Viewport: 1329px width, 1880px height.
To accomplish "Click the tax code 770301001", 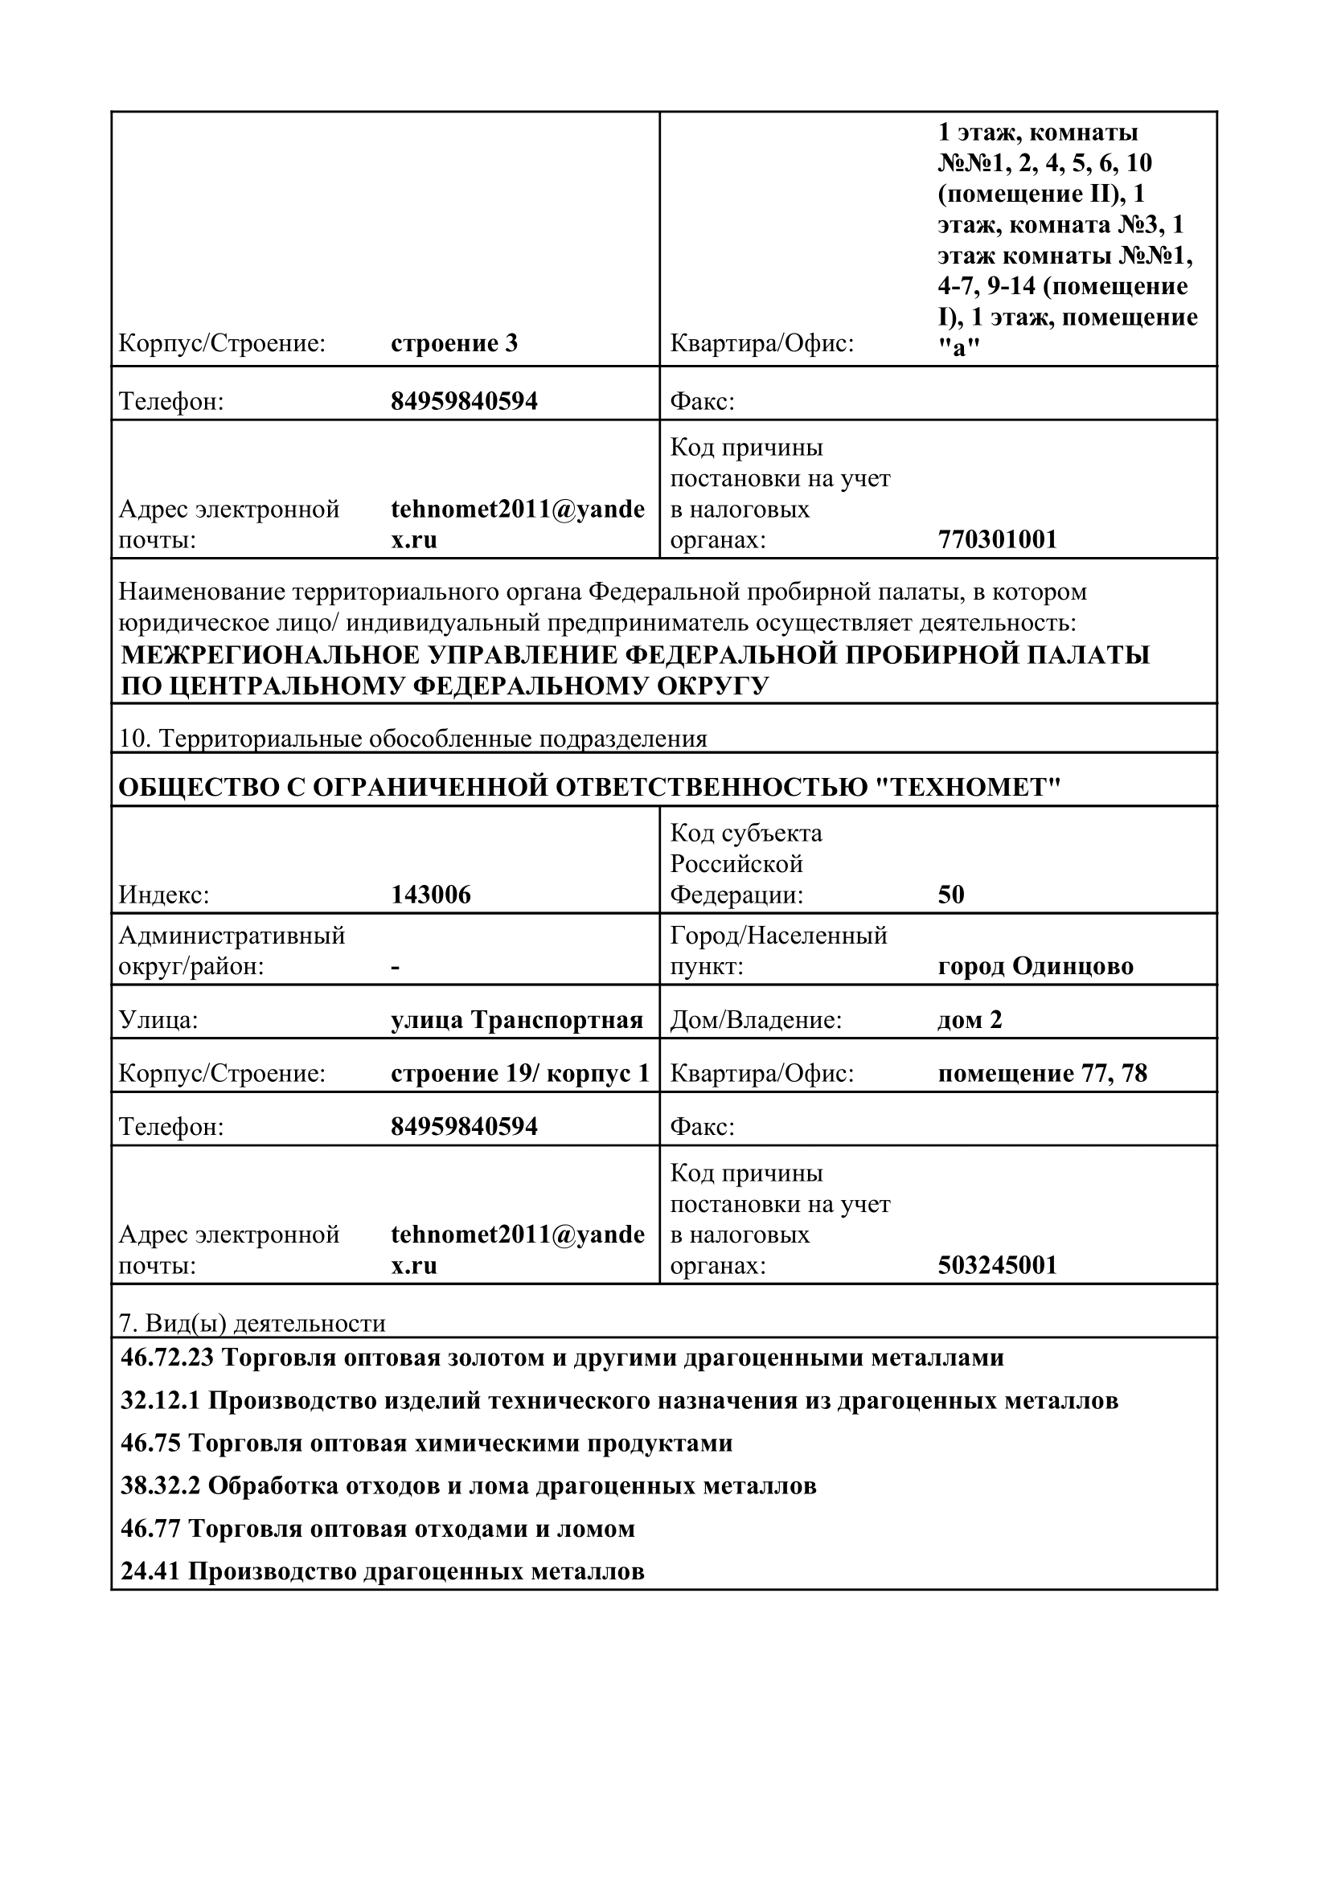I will tap(998, 539).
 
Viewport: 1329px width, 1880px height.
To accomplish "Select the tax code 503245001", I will tap(998, 1265).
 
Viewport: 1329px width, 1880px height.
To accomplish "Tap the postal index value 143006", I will tap(431, 895).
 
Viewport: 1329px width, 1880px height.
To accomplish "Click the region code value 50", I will tap(950, 895).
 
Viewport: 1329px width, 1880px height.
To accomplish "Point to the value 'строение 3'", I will tap(454, 343).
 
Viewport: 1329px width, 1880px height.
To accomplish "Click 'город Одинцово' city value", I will tap(1035, 966).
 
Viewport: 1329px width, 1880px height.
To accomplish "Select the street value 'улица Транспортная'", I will tap(517, 1020).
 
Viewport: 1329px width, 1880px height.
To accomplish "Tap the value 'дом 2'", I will tap(970, 1020).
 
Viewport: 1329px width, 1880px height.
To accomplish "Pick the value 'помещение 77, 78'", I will tap(1043, 1074).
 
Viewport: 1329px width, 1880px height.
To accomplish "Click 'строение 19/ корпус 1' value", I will tap(520, 1074).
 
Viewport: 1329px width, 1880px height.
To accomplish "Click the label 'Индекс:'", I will tap(164, 895).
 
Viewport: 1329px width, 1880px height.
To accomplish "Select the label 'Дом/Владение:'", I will tap(756, 1020).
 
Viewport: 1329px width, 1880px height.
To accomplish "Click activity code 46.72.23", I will tap(167, 1358).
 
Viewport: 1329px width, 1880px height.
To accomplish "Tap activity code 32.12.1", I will tap(160, 1400).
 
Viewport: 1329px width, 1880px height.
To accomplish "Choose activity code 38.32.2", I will tap(160, 1485).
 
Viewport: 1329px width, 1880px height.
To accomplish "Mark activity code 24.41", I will tap(150, 1571).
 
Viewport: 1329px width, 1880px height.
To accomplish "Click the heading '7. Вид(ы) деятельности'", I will tap(252, 1324).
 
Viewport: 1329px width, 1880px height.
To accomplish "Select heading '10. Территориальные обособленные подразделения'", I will tap(412, 739).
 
